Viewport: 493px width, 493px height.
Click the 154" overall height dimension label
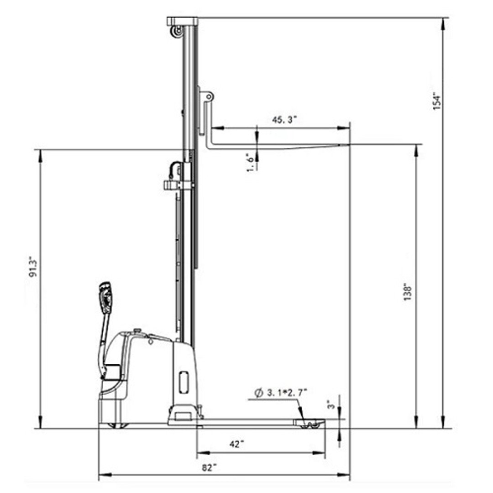click(x=437, y=101)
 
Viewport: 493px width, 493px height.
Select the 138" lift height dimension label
click(x=408, y=293)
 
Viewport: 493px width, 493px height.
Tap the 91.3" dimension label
click(x=33, y=267)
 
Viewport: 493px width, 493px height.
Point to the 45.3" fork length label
click(x=284, y=120)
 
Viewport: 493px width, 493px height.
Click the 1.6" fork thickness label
click(x=250, y=162)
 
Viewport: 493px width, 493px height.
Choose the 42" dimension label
click(x=237, y=444)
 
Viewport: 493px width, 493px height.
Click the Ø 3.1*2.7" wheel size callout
click(x=281, y=393)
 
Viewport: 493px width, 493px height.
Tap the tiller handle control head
click(x=105, y=297)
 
